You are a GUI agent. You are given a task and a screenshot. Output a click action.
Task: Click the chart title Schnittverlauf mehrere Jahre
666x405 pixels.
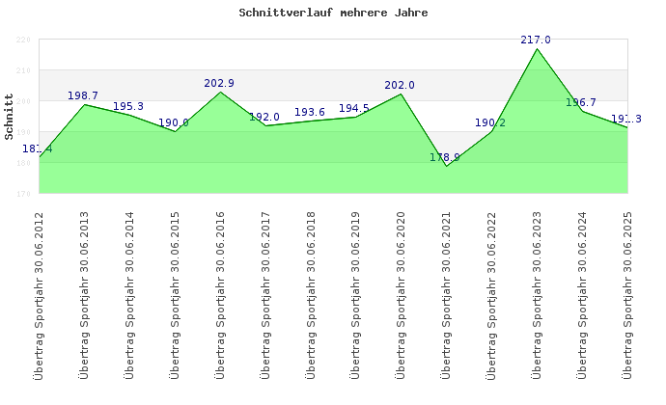click(333, 13)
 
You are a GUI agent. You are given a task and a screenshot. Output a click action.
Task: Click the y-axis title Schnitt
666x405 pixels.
click(10, 117)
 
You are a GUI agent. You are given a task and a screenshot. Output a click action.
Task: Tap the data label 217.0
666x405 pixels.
click(536, 40)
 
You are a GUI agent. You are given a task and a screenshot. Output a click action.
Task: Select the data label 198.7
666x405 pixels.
click(83, 95)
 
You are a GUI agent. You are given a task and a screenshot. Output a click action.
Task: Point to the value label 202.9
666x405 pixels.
click(219, 83)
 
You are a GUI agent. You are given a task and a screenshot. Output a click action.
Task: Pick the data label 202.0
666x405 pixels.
click(400, 85)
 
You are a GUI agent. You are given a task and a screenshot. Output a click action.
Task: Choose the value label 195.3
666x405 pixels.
click(128, 106)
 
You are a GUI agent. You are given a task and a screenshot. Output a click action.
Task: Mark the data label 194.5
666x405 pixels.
click(354, 108)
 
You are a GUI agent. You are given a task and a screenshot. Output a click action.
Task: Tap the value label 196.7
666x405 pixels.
click(581, 101)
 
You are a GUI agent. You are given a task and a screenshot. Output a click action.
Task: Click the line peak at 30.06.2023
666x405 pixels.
click(537, 48)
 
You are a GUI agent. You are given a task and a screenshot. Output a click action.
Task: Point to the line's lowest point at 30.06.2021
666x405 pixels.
click(446, 166)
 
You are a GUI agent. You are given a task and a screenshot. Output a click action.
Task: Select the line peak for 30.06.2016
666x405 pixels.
click(220, 92)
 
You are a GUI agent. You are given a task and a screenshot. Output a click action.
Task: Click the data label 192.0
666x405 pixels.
click(264, 117)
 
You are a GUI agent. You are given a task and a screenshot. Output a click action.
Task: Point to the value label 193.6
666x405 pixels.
click(309, 112)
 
